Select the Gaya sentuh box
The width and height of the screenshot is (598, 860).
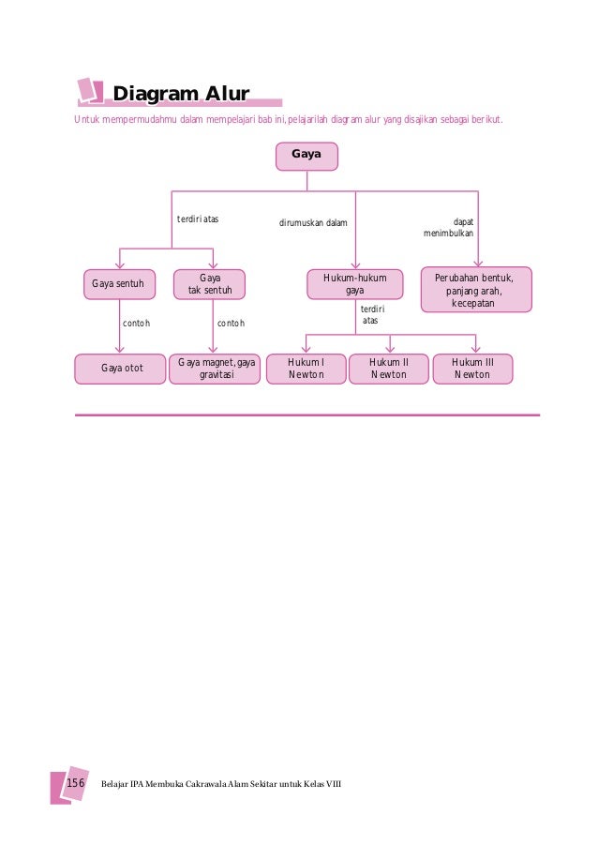(x=118, y=283)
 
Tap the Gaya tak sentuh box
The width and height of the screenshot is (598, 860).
(x=209, y=284)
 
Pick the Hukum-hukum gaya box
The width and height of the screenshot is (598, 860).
(x=354, y=284)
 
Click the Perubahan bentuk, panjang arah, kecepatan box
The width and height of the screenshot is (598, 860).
(x=476, y=290)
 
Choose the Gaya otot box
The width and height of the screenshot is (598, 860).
(x=121, y=368)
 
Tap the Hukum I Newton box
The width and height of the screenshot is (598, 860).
(x=306, y=368)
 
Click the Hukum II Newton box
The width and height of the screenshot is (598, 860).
(x=389, y=368)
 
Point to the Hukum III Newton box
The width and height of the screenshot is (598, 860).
(x=471, y=368)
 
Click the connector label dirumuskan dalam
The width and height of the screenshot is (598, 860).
(x=313, y=223)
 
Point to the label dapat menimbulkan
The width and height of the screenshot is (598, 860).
(x=449, y=227)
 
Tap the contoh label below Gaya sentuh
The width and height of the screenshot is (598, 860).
(x=137, y=324)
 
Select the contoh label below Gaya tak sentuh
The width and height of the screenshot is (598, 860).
(x=231, y=324)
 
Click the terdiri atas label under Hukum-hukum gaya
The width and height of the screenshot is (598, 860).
(x=371, y=314)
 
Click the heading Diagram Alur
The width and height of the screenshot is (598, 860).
(x=180, y=94)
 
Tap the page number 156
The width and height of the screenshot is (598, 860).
(x=75, y=782)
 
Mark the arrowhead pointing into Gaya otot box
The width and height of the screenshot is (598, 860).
(x=119, y=349)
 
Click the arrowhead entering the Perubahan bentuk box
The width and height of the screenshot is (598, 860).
(x=478, y=264)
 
